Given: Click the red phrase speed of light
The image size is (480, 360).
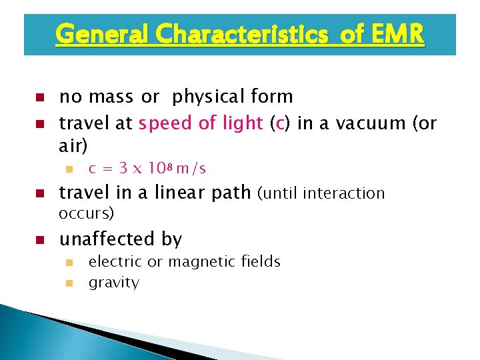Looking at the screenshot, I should point(201,124).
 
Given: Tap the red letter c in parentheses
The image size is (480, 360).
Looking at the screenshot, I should point(279,124).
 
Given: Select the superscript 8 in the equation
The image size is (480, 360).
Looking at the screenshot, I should point(169,165).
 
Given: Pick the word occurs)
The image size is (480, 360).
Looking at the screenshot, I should point(86,213).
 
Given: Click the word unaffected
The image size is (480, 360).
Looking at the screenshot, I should point(101,239).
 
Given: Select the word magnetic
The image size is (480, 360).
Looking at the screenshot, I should point(198,262).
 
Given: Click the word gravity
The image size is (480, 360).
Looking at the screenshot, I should point(113,283).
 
